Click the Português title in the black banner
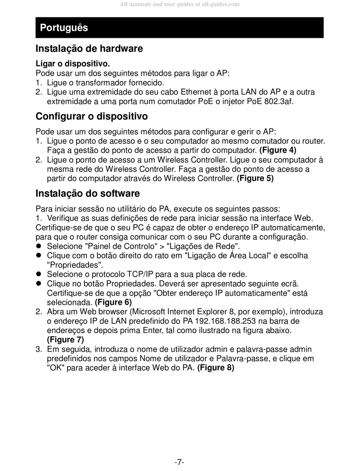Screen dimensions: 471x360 64,28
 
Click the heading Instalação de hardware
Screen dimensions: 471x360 89,48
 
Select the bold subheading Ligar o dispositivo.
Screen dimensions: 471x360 73,64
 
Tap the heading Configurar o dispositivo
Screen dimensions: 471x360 92,116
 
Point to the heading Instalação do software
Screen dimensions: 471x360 88,193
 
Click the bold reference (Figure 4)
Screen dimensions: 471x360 278,150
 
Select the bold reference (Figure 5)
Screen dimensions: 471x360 255,178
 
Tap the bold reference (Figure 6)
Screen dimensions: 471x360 113,302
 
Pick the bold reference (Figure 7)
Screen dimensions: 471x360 66,339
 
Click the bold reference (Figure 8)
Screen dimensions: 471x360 216,368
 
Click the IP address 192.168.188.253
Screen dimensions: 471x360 226,321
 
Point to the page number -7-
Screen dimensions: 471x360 179,462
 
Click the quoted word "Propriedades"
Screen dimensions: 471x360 75,265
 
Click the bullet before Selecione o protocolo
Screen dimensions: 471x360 38,274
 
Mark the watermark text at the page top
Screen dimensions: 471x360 179,5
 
